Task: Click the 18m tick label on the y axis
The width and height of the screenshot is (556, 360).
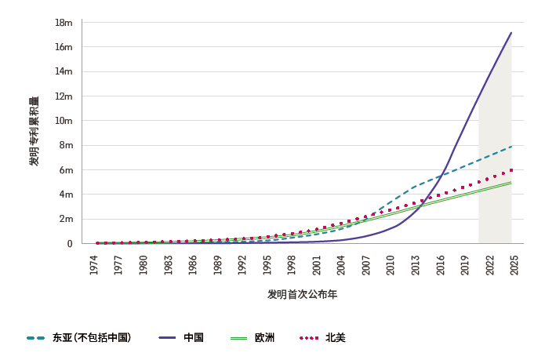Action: [64, 22]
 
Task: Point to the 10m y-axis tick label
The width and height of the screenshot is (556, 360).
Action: [63, 121]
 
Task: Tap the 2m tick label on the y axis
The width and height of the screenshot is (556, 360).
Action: [64, 219]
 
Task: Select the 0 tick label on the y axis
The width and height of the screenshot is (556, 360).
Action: [69, 244]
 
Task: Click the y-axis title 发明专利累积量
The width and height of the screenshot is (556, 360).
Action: [34, 131]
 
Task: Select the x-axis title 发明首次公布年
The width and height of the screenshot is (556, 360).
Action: [302, 294]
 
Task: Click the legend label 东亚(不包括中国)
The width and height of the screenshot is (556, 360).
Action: [91, 338]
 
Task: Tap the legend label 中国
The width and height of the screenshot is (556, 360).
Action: [194, 338]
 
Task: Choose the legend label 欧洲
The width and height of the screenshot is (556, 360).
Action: [264, 338]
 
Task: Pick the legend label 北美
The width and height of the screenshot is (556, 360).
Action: [335, 338]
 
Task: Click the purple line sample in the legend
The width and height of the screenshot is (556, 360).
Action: [167, 338]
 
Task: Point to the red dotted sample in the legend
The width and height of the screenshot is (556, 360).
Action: [309, 338]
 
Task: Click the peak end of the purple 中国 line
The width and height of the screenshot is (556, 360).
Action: [511, 33]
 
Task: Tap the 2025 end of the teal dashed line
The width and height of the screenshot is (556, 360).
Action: [511, 147]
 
